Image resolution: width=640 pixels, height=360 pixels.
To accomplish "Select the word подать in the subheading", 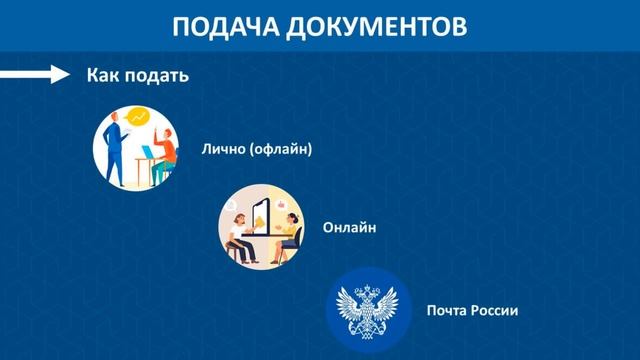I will point(160,76).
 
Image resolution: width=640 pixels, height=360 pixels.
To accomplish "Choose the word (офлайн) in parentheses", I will point(282,150).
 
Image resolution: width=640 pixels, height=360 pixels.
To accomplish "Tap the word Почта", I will point(448,310).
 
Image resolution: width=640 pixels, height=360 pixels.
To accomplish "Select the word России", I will point(497,310).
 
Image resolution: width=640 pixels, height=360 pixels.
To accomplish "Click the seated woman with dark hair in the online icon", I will point(290,230).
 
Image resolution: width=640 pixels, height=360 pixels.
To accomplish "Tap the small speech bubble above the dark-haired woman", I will point(283,199).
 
